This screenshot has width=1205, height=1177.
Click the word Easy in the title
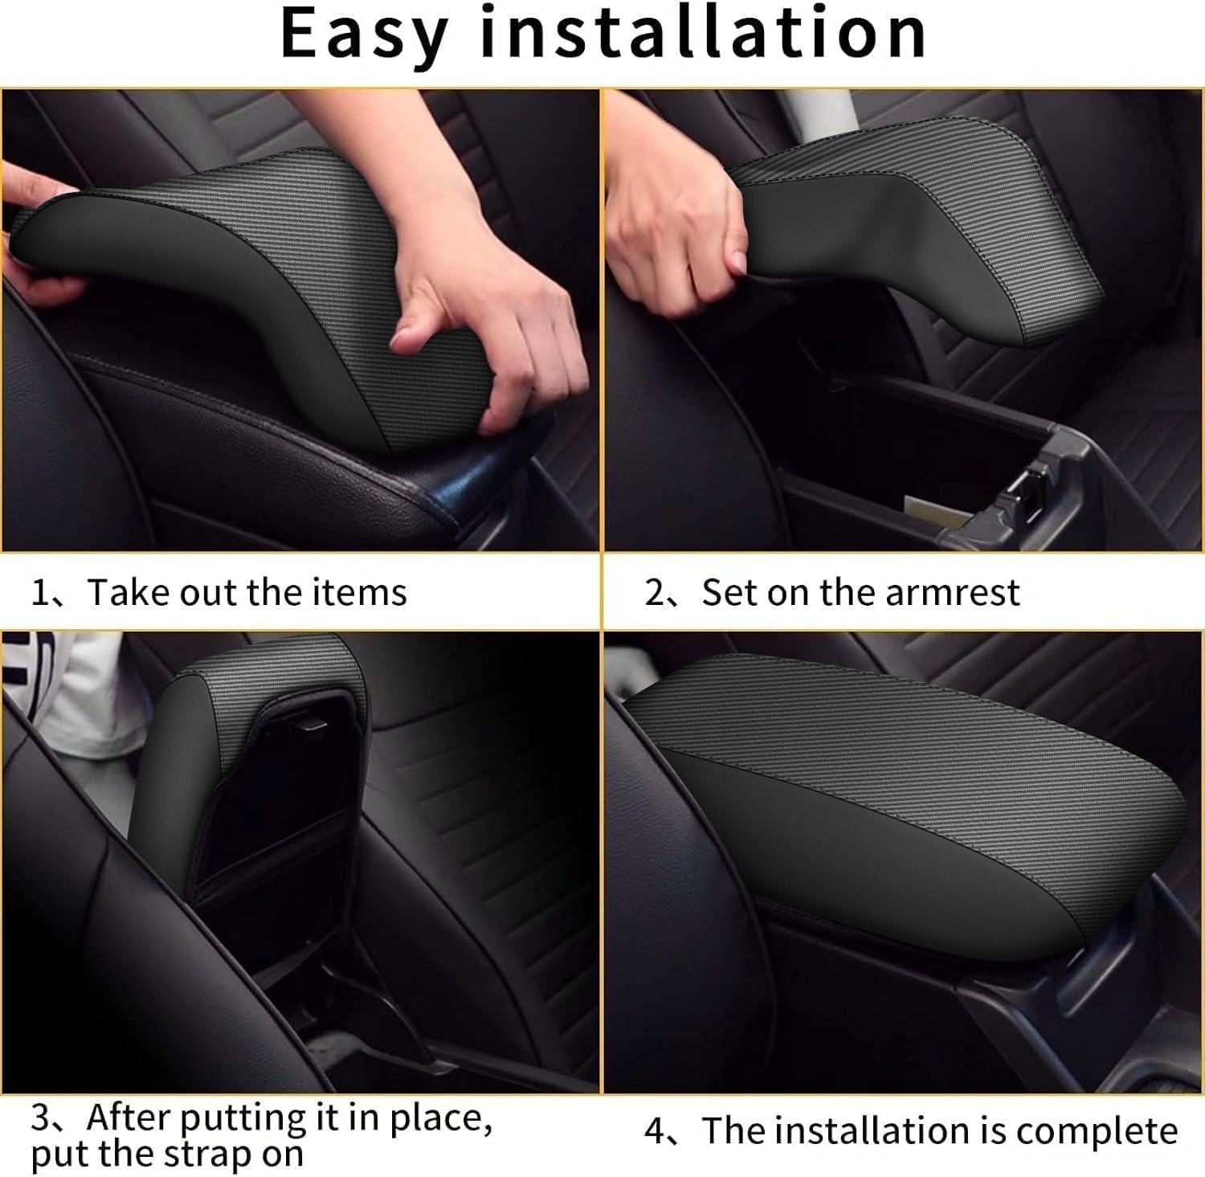pyautogui.click(x=364, y=34)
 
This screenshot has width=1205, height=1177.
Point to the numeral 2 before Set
pyautogui.click(x=655, y=593)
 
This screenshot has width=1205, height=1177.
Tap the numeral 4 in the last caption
pyautogui.click(x=655, y=1131)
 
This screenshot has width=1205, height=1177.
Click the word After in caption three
pyautogui.click(x=129, y=1117)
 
